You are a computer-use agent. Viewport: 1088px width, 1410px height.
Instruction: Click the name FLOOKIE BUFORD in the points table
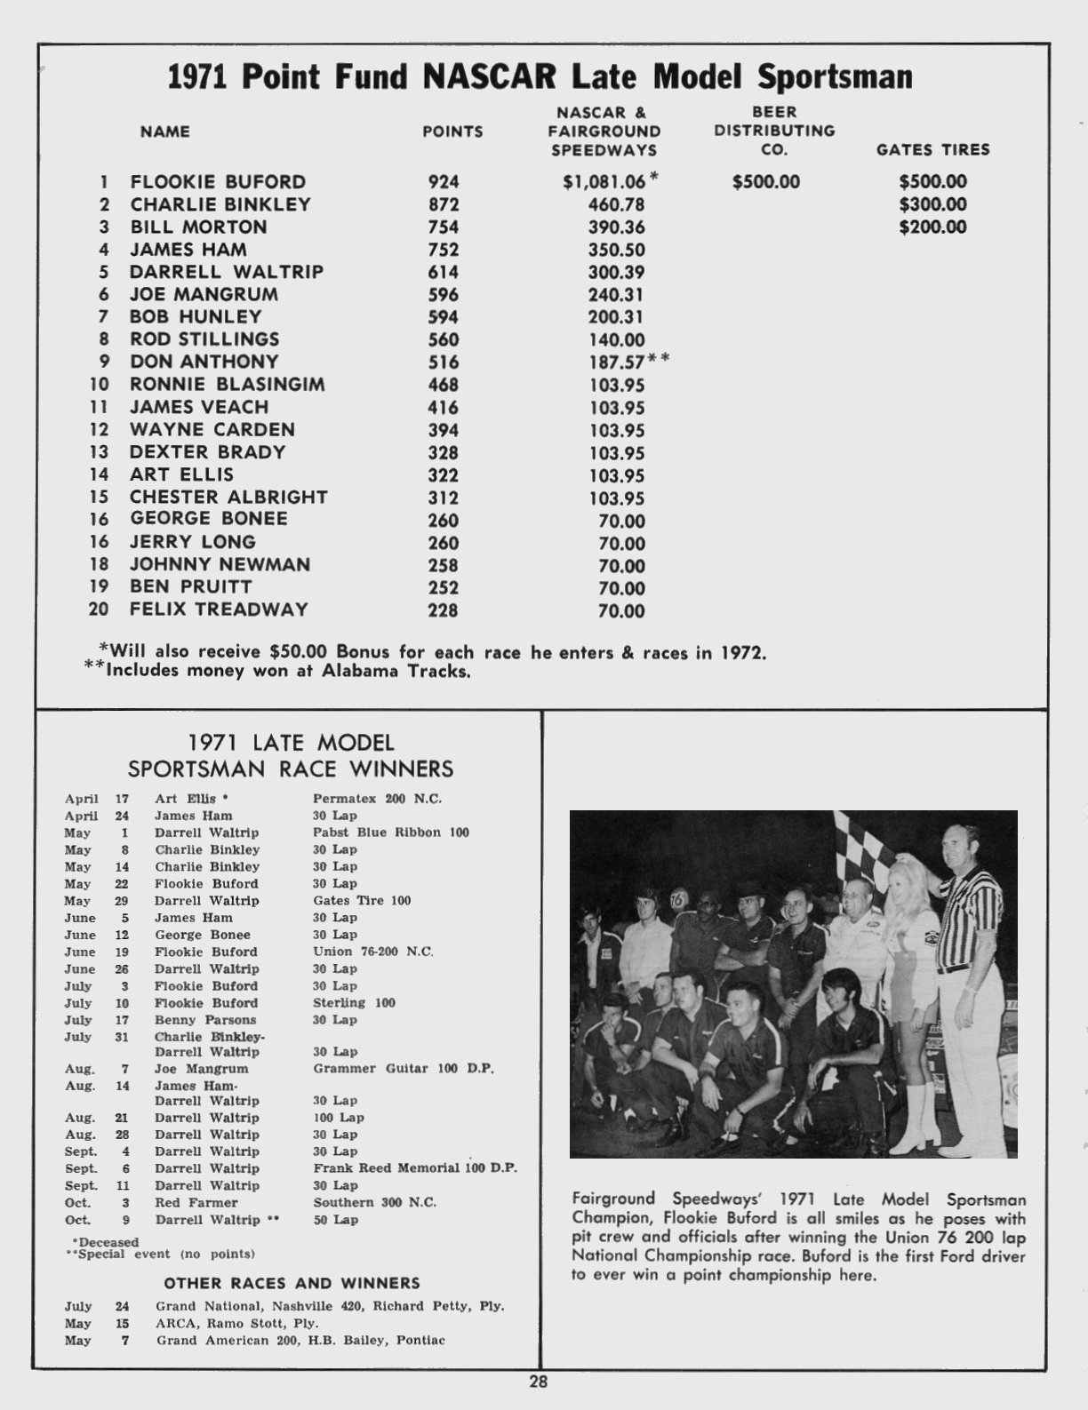tap(218, 182)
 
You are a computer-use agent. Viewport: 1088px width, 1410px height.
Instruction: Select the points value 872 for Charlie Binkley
tap(444, 204)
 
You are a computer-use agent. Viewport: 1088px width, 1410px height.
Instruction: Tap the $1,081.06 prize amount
tap(604, 182)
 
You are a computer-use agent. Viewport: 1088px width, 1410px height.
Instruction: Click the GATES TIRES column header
tap(932, 150)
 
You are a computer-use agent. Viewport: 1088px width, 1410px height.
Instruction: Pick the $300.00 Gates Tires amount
tap(932, 204)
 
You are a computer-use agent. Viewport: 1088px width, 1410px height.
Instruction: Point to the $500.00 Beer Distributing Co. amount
tap(766, 182)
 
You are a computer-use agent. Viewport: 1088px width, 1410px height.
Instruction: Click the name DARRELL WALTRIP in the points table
tap(227, 272)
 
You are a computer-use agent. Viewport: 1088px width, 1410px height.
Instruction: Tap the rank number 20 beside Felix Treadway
tap(99, 609)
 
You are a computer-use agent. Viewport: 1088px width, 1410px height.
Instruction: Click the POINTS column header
tap(452, 131)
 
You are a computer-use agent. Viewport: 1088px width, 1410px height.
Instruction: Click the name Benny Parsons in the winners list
tap(205, 1020)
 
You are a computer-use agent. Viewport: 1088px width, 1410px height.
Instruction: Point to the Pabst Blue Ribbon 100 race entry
tap(391, 832)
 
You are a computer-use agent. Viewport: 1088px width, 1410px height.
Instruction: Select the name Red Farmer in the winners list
tap(196, 1202)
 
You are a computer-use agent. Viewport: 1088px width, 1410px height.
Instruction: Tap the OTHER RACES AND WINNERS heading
tap(292, 1283)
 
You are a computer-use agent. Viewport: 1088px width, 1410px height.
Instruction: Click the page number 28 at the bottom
tap(539, 1382)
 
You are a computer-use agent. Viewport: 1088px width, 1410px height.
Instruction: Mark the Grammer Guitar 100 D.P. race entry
tap(404, 1069)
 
